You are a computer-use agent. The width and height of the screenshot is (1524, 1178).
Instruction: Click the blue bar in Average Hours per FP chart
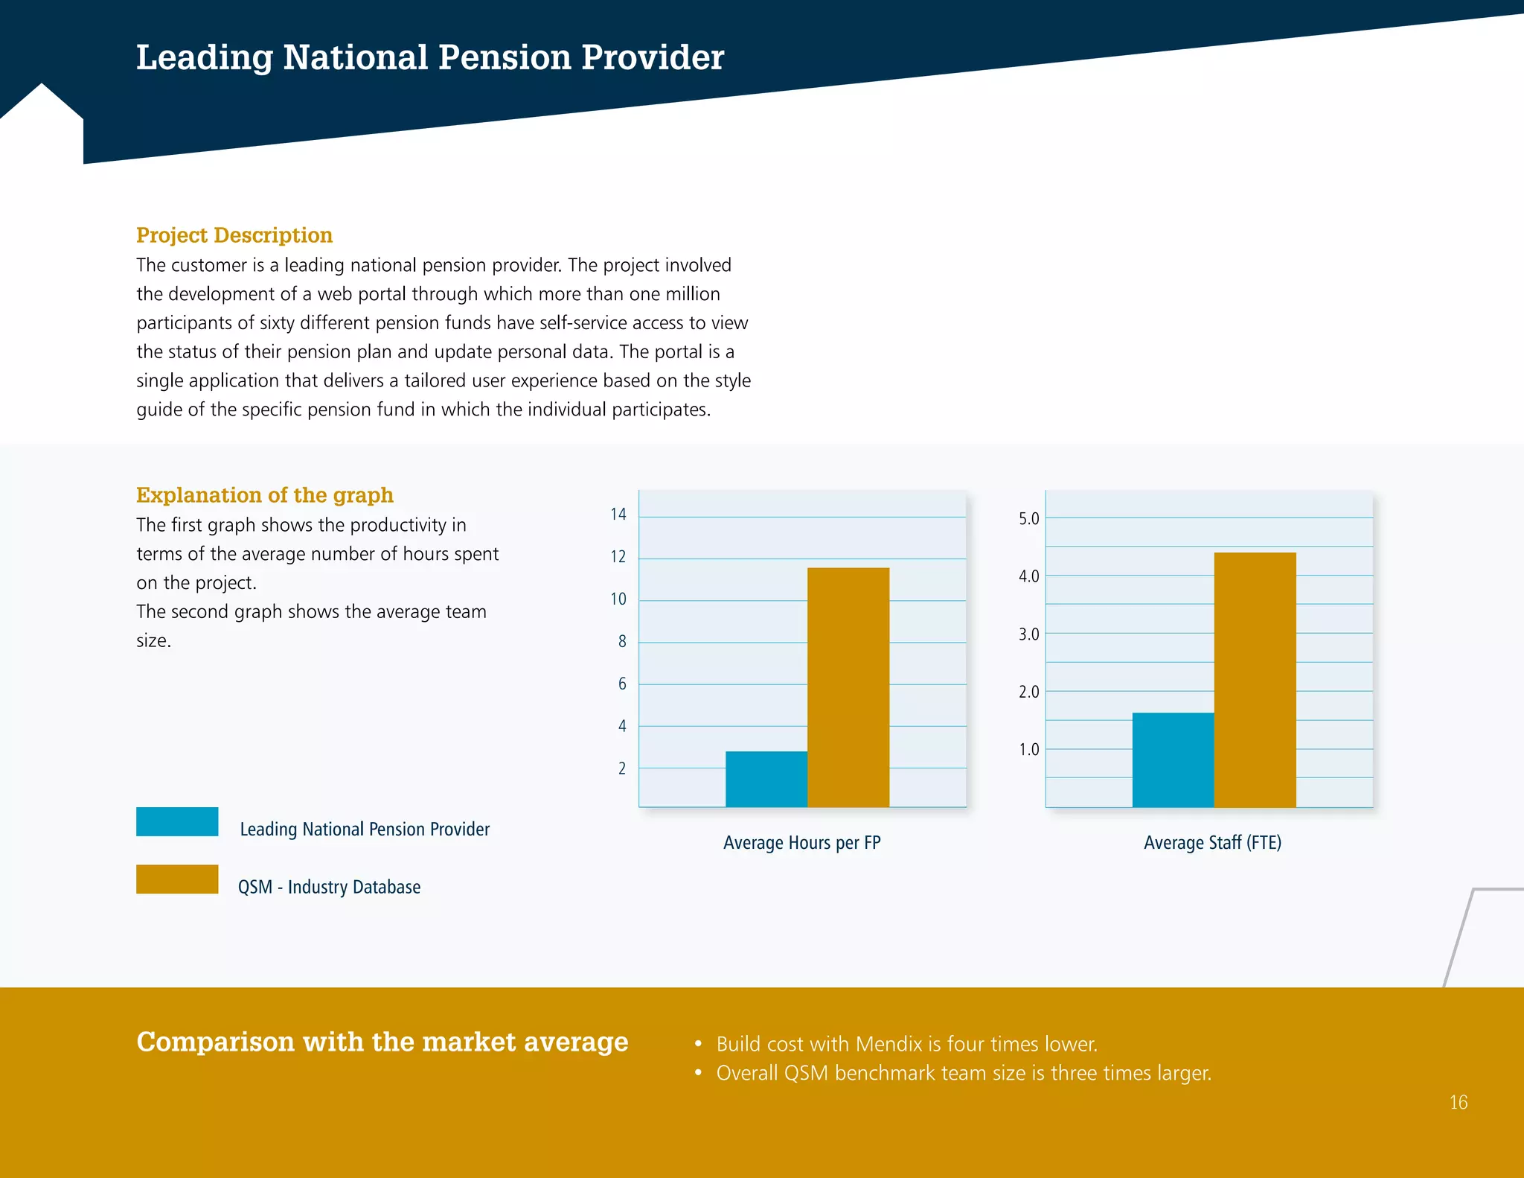click(x=766, y=779)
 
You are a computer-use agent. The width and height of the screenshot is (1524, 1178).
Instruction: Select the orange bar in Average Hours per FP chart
click(x=848, y=687)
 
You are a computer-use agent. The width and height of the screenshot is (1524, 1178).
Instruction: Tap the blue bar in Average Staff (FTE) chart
click(x=1173, y=760)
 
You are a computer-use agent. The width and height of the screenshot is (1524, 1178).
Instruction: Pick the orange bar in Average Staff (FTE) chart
click(x=1255, y=679)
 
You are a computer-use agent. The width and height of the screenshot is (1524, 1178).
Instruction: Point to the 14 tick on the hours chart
click(x=618, y=515)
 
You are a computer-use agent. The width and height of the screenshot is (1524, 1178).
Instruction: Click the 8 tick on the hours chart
click(x=622, y=641)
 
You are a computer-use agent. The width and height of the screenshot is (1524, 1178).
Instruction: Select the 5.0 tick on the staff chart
click(x=1028, y=518)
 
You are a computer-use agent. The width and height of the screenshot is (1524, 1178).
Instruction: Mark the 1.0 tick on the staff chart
click(x=1028, y=749)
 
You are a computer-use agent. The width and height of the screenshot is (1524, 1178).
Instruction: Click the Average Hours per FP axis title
click(x=801, y=843)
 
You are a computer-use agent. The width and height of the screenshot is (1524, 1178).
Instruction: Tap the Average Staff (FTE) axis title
click(x=1212, y=843)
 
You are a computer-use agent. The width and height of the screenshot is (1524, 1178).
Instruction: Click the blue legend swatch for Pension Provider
click(x=177, y=821)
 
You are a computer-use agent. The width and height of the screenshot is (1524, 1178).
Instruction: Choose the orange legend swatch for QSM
click(x=177, y=879)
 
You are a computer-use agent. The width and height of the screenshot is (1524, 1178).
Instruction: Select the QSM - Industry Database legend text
click(x=329, y=887)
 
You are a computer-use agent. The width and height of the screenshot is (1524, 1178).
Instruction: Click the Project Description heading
click(x=234, y=235)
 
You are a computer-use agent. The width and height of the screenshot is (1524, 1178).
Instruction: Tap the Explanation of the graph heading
click(x=264, y=495)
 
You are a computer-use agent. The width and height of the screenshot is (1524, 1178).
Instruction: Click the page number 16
click(x=1458, y=1102)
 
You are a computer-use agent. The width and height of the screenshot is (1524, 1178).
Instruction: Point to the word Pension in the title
click(x=505, y=57)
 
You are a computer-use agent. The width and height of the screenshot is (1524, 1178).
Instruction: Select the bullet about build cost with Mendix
click(x=906, y=1044)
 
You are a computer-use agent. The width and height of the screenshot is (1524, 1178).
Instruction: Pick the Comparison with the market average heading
click(x=382, y=1042)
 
